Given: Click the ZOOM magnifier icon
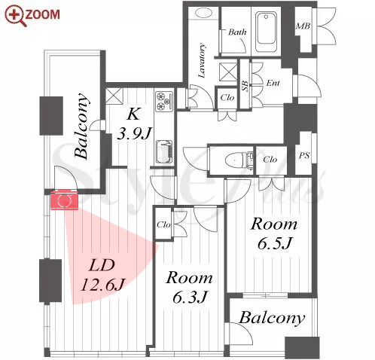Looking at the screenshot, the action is coord(16,16).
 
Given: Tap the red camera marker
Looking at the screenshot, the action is coord(64,200).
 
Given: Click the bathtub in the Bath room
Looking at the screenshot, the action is coord(266,32).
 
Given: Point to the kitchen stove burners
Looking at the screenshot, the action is coord(165,101).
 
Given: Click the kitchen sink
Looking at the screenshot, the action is coord(164,152).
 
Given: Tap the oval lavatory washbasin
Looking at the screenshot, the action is coord(203,12).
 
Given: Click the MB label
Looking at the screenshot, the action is coord(303,26).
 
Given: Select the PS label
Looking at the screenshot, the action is coord(304,155).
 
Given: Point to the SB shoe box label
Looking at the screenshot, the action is coord(245,86).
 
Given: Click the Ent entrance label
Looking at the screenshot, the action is coord(273,83).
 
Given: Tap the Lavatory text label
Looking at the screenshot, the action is coord(202,60).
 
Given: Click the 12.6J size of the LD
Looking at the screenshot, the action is coord(102,285).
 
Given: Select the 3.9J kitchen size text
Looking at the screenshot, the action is coord(135,133).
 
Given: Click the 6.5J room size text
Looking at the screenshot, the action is coord(275,243).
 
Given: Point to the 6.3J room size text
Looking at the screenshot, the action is coord(190,297).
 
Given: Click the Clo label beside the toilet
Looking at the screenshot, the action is coord(270,159).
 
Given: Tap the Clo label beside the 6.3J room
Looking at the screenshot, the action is coord(163,224).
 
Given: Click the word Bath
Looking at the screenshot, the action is coord(237,32).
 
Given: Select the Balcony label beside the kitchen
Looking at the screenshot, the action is coord(82,126).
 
